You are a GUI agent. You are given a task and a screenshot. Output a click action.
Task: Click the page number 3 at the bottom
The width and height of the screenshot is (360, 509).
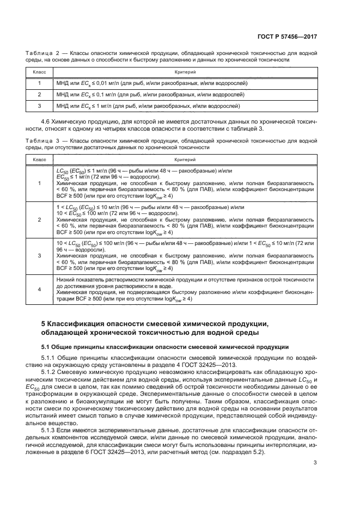[315, 463]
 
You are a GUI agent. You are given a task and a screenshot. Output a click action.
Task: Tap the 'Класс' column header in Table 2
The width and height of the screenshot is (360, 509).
[40, 71]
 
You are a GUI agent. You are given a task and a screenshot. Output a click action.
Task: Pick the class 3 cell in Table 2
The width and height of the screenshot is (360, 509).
[40, 106]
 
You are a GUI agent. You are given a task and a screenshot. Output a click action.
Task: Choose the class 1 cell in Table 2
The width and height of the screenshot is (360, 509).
[40, 83]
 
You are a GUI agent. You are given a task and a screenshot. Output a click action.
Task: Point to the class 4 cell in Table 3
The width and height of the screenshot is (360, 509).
[40, 289]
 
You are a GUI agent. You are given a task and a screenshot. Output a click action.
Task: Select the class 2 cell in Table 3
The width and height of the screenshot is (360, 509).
[40, 219]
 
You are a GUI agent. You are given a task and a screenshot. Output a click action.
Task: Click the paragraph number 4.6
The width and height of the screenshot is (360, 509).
[46, 119]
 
